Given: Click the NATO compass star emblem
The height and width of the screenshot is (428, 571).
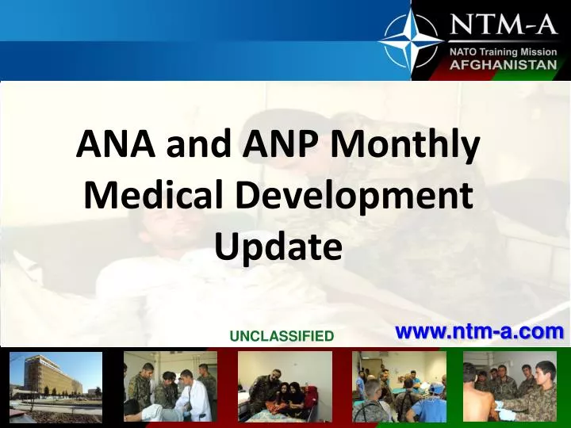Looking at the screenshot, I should click(410, 40).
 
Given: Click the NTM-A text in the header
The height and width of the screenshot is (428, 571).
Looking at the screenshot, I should click(504, 25).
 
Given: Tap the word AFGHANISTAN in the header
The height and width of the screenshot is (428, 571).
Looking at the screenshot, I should click(504, 65).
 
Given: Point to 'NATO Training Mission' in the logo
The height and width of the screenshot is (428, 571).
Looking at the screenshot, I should click(504, 52).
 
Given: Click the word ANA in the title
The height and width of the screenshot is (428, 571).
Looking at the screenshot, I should click(110, 146).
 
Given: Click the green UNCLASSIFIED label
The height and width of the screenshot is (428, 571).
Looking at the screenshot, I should click(282, 336).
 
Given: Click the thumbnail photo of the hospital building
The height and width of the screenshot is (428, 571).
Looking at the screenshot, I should click(56, 386).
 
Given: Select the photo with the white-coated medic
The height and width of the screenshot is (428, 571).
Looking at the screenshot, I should click(170, 386).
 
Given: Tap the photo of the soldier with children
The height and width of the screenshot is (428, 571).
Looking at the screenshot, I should click(285, 386).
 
